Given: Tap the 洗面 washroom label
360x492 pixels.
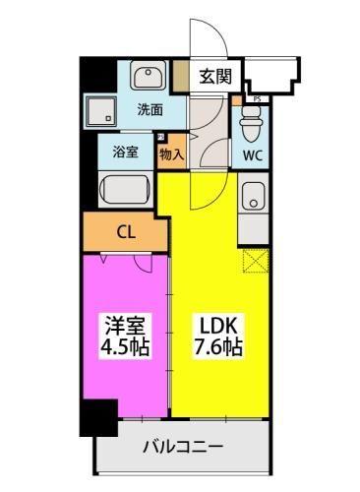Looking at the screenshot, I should tap(150, 109).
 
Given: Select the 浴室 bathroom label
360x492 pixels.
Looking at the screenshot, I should tap(125, 153).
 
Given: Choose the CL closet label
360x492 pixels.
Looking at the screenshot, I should tap(125, 232).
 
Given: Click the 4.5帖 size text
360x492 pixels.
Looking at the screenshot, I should tap(123, 350).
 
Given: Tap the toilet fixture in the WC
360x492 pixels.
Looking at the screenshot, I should tap(250, 120).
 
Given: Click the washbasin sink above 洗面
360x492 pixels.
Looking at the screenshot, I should tap(149, 76).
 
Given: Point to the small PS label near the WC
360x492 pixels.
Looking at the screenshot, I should tap(256, 98).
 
